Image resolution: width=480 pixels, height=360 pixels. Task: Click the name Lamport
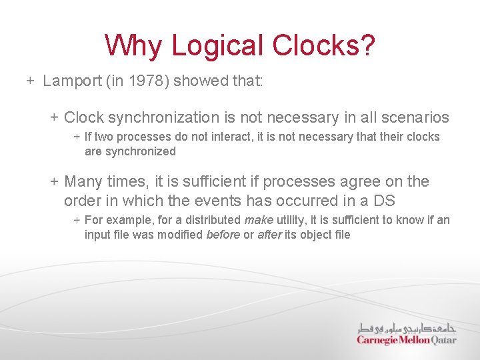pos(71,81)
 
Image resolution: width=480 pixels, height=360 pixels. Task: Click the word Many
pos(83,181)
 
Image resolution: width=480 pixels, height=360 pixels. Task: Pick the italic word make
pos(258,220)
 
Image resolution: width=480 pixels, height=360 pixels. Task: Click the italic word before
pos(223,235)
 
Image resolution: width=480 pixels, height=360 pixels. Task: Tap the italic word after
pos(269,235)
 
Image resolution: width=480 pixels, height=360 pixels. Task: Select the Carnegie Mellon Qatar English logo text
pos(406,340)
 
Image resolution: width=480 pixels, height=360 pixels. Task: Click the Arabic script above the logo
pos(407,327)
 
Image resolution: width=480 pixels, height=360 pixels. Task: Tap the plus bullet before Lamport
pos(31,81)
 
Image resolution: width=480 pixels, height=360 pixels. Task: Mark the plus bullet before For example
pos(77,220)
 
